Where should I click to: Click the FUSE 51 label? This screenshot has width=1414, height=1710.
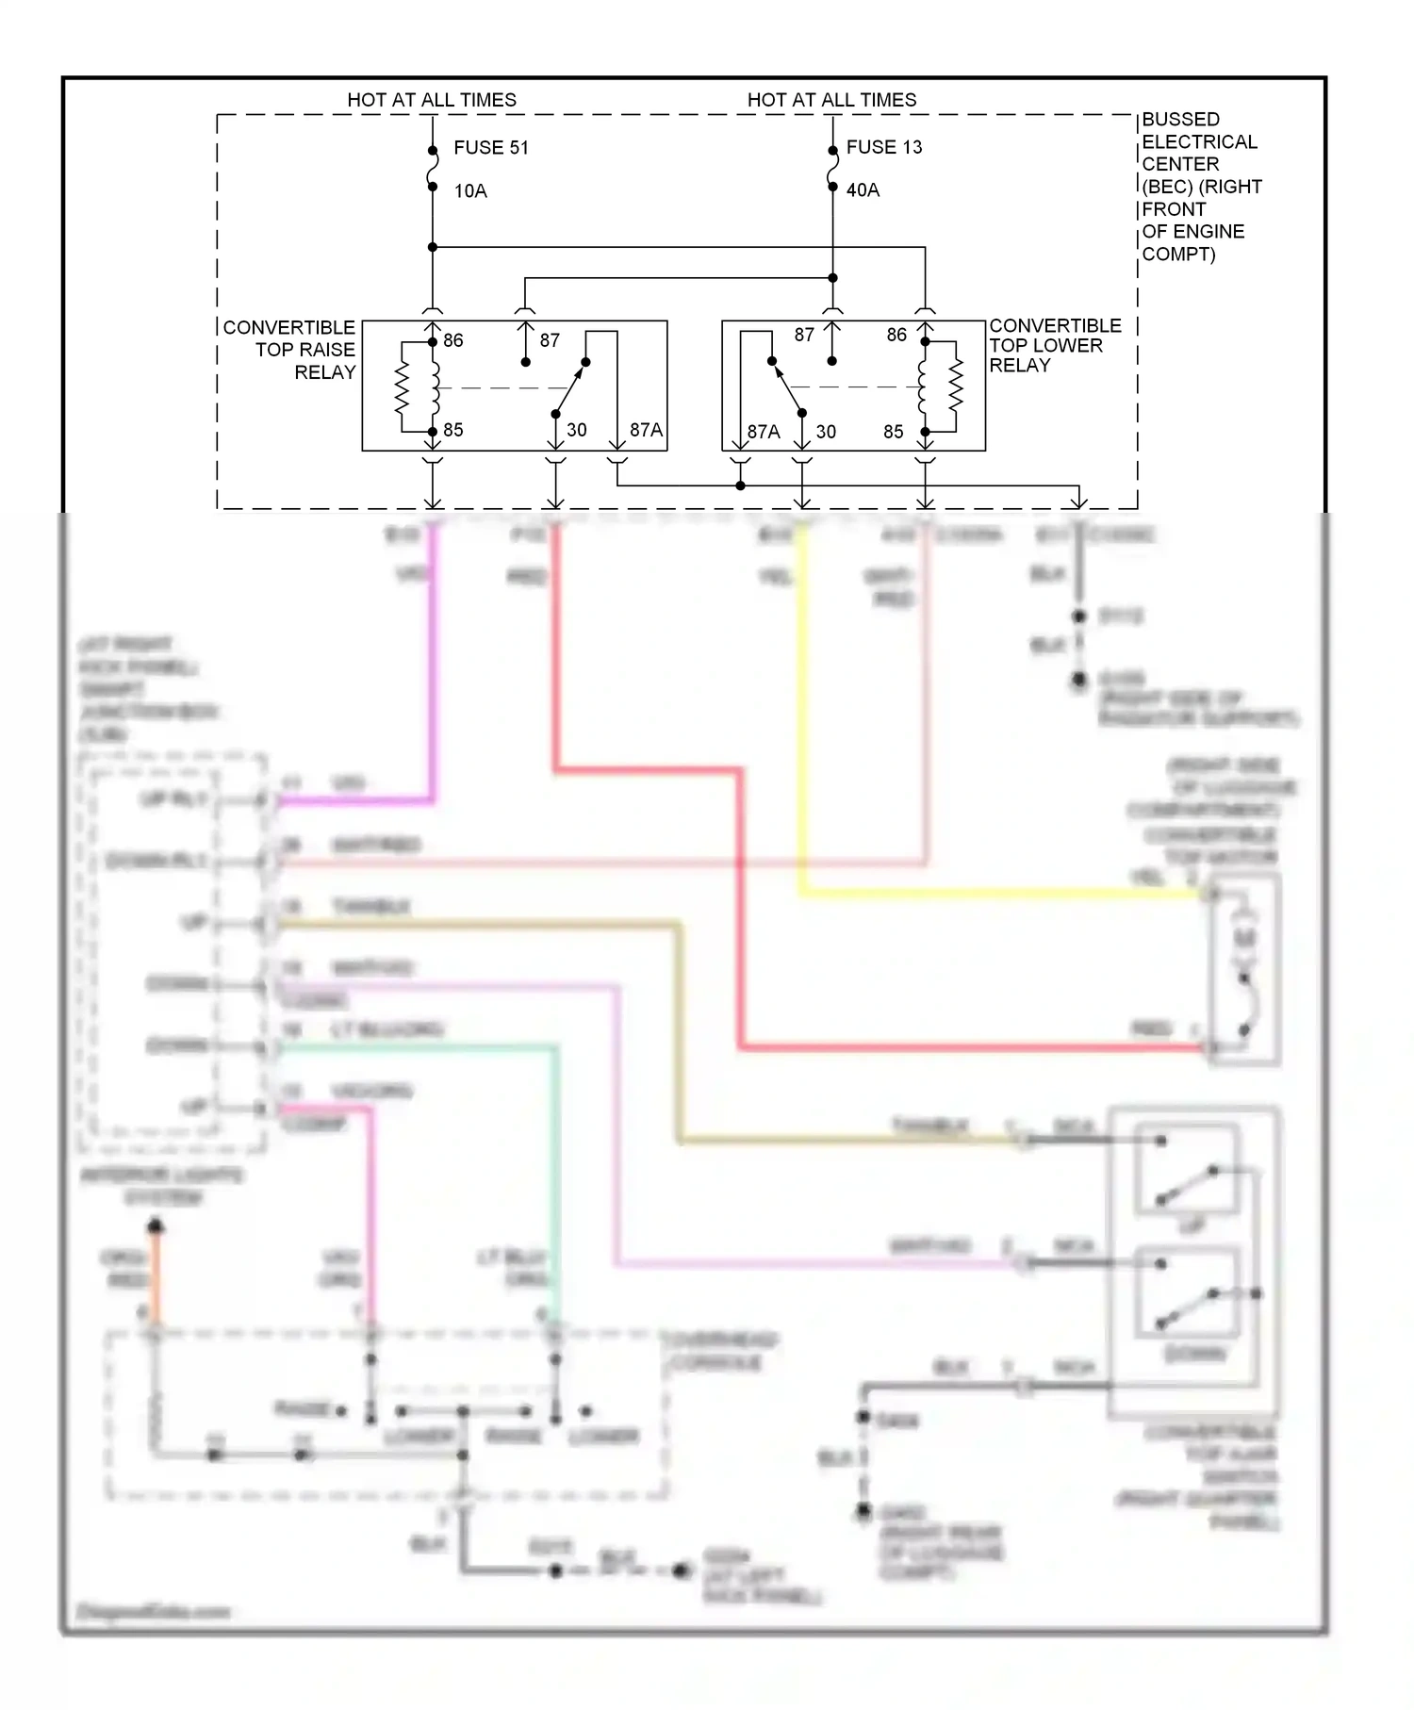pos(490,148)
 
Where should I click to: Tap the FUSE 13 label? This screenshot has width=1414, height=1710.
pos(883,147)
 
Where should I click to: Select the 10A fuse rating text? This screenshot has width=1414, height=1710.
pos(470,191)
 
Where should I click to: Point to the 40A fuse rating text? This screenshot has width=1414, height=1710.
pos(863,190)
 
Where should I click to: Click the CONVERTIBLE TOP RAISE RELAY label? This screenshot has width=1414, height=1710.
pos(290,350)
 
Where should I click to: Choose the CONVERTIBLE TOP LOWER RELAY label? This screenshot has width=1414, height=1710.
pos(1053,345)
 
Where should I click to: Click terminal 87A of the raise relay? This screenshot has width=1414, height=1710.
pos(646,430)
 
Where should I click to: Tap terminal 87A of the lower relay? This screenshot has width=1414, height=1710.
pos(763,432)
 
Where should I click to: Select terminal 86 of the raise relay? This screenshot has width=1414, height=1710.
pos(452,340)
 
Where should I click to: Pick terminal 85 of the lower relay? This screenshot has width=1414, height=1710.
pos(893,432)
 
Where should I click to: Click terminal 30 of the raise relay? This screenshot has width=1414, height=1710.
pos(576,430)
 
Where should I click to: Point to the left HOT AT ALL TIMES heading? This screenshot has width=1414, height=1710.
pos(432,100)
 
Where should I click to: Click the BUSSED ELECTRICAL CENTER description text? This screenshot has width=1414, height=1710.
pos(1199,187)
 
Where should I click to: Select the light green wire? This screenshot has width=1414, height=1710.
pos(555,1178)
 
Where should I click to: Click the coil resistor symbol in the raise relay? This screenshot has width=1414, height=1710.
pos(402,387)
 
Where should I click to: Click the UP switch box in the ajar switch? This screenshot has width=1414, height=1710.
pos(1187,1169)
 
